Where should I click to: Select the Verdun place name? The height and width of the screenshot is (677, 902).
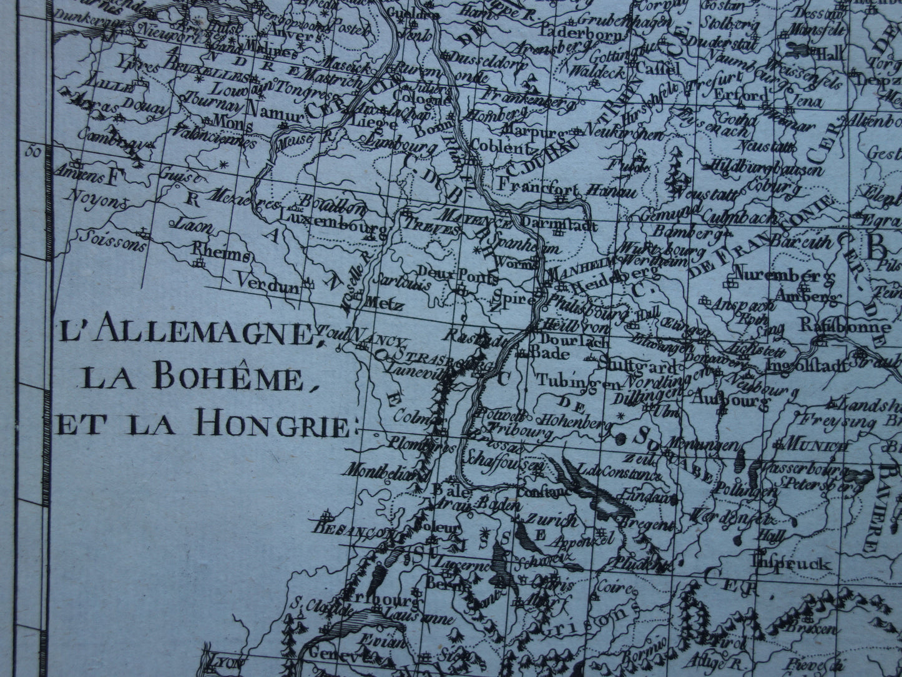pyautogui.click(x=260, y=281)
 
